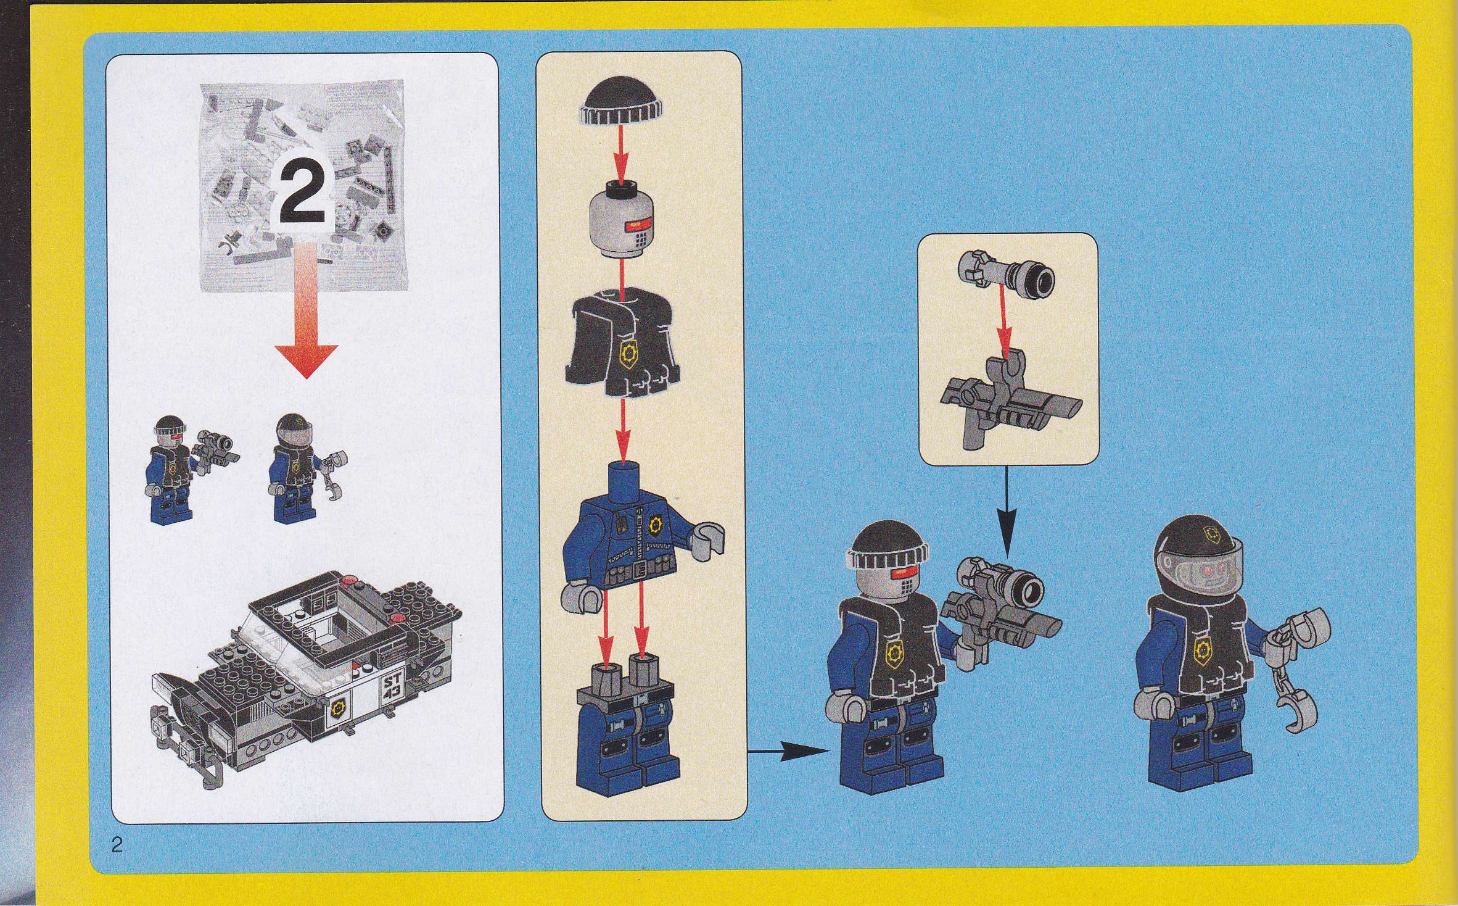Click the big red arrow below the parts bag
click(306, 309)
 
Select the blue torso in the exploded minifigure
click(641, 543)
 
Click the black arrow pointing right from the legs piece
click(788, 751)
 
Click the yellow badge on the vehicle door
click(338, 707)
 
